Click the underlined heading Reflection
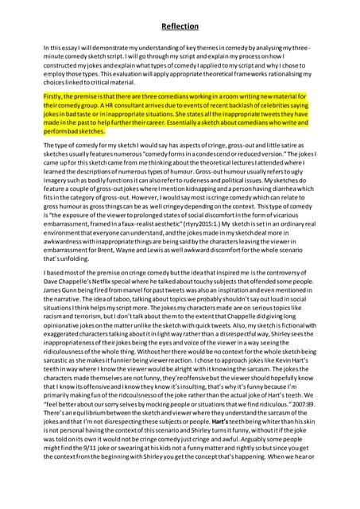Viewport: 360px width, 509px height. click(x=180, y=26)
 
